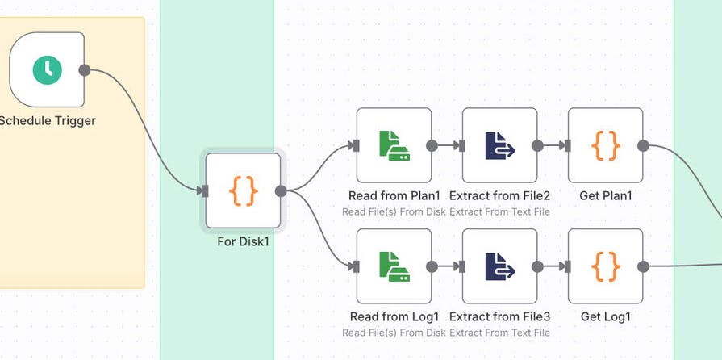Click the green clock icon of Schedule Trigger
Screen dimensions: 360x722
click(47, 70)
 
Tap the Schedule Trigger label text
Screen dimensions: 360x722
click(48, 121)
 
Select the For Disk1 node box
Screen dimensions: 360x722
click(243, 191)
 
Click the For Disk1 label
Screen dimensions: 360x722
click(243, 241)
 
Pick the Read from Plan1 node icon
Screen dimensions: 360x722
click(394, 145)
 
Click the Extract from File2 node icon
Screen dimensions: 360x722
click(499, 145)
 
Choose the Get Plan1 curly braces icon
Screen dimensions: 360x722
click(605, 145)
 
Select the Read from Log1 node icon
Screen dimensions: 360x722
click(394, 266)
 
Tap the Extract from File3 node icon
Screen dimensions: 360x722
click(499, 266)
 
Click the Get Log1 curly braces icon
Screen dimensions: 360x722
click(605, 266)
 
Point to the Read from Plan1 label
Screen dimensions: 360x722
click(394, 196)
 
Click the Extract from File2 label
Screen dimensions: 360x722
click(499, 196)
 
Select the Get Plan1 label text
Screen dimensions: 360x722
click(605, 196)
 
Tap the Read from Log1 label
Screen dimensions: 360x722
click(394, 317)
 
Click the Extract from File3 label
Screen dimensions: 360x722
click(499, 317)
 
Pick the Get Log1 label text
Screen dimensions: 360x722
click(605, 317)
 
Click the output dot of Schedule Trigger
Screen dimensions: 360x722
click(85, 70)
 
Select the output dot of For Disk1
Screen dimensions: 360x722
click(281, 191)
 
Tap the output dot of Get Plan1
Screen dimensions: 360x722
click(643, 145)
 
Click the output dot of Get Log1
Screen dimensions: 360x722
click(643, 266)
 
